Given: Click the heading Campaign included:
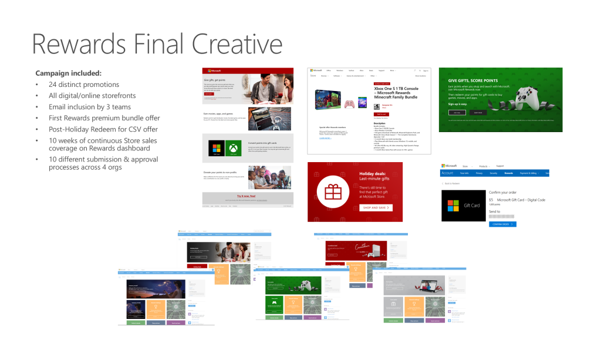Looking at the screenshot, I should coord(68,73).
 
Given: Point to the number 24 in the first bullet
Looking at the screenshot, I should coord(53,85).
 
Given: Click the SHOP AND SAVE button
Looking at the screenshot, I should coord(376,207).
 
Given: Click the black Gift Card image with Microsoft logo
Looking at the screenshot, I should coord(462,206).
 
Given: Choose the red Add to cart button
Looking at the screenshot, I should coord(382,114).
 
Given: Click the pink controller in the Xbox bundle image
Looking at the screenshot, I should coord(349,104).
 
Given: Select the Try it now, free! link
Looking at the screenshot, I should coord(248,196).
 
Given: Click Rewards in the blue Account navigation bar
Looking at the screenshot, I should coord(508,173).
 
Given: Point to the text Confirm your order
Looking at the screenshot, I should coord(502,191).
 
